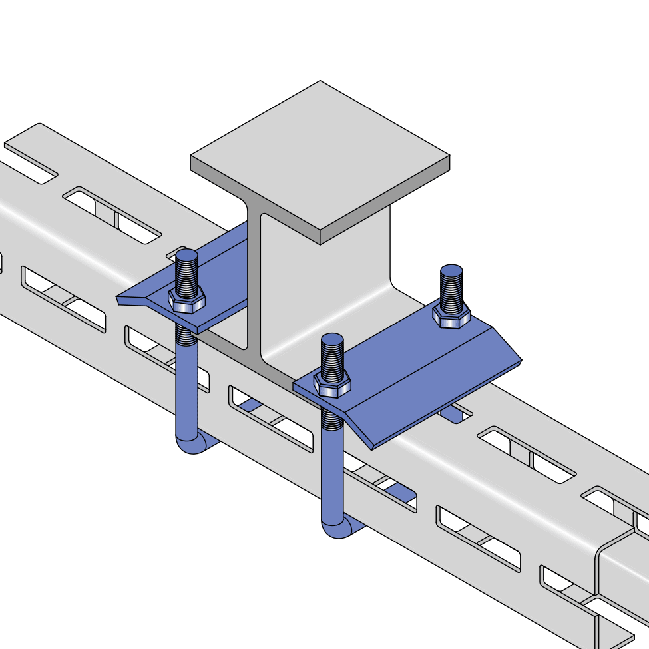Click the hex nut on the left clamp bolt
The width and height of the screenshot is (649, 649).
(x=186, y=300)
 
